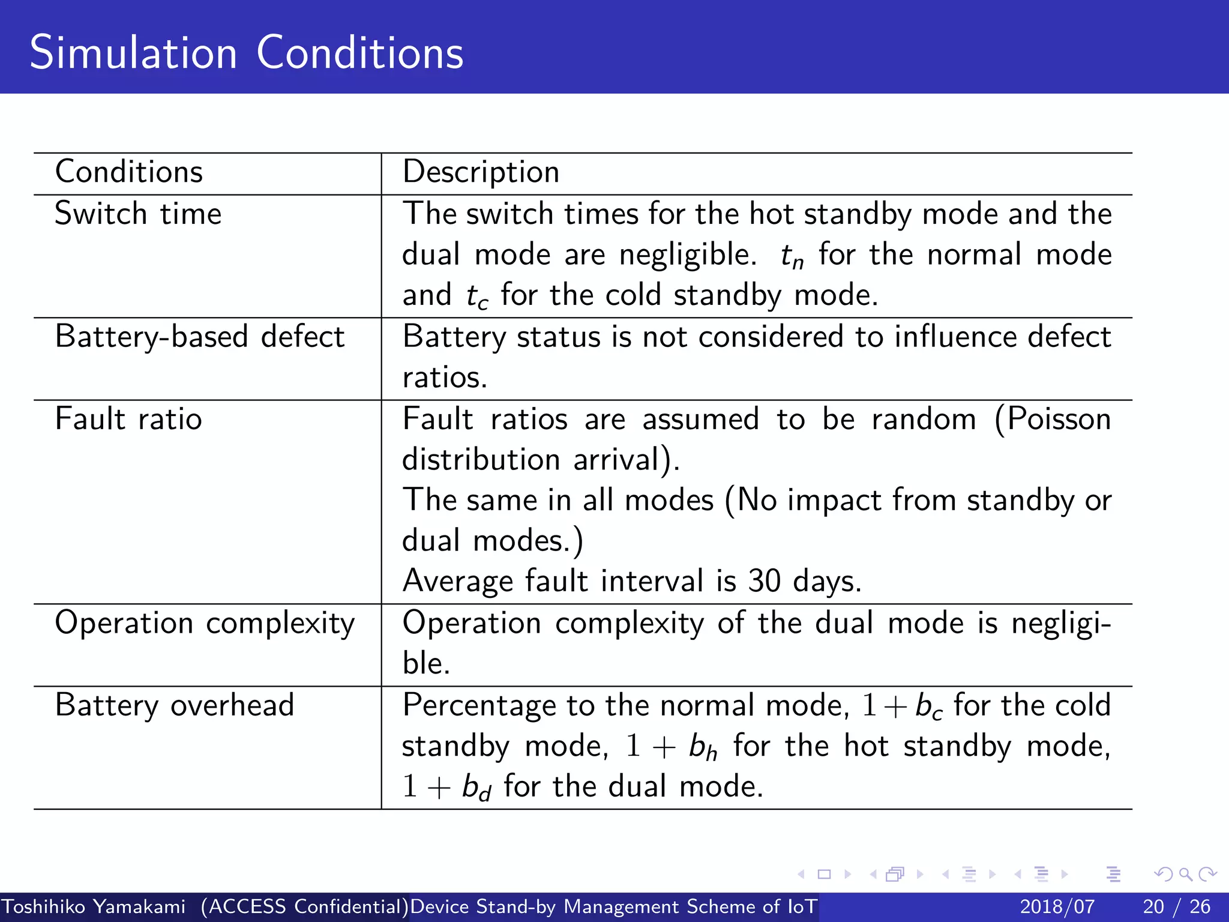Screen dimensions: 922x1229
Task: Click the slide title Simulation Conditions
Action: [246, 53]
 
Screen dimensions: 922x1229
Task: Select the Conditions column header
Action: [129, 172]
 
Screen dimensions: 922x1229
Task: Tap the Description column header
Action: [481, 172]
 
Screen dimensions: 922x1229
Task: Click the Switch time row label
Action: [138, 214]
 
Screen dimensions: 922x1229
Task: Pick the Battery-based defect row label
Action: [199, 337]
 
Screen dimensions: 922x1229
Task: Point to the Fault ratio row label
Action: [128, 419]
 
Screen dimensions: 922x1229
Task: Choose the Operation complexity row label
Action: [205, 624]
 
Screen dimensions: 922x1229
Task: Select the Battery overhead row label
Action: [174, 705]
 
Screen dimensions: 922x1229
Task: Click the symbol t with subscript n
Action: [792, 257]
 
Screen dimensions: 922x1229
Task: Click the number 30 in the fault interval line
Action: [764, 581]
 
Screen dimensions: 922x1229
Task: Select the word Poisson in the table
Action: [1059, 419]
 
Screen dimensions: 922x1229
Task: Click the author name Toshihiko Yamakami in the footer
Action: [94, 906]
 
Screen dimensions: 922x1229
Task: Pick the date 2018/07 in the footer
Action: [1057, 906]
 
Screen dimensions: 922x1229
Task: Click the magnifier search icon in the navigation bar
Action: [1185, 874]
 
